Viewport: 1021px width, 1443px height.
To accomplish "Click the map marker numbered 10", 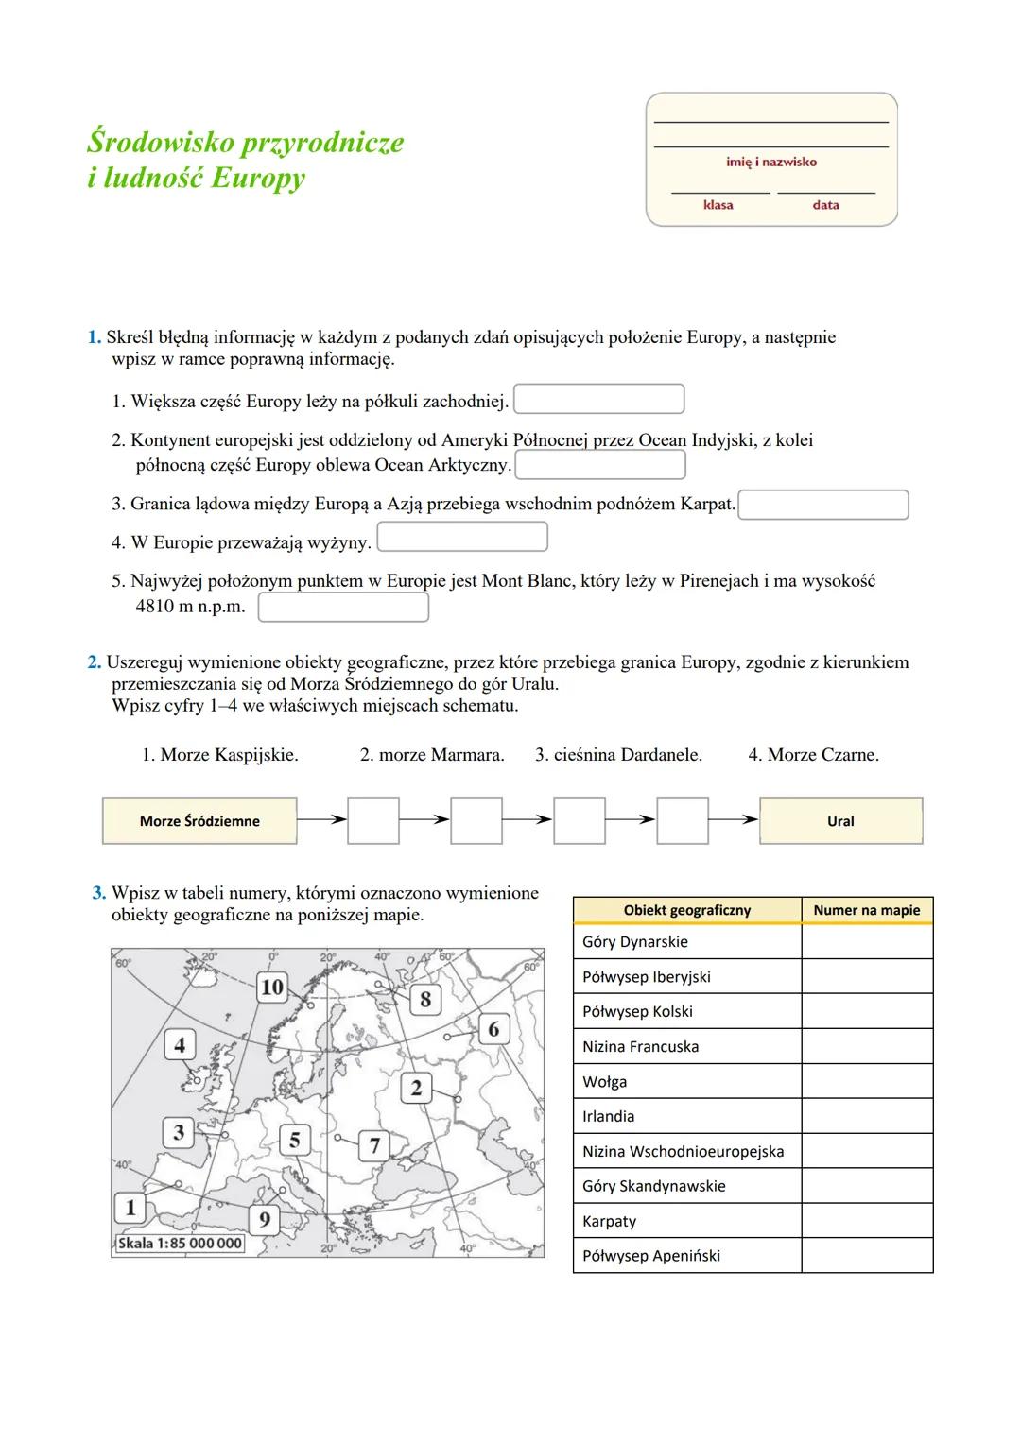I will pyautogui.click(x=271, y=987).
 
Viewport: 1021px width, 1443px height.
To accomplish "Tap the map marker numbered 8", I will pyautogui.click(x=425, y=999).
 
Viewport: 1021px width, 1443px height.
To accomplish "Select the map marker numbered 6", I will pyautogui.click(x=493, y=1029).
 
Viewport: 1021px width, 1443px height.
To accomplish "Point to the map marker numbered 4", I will pyautogui.click(x=180, y=1045).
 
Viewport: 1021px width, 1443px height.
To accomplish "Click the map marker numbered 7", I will pyautogui.click(x=374, y=1145).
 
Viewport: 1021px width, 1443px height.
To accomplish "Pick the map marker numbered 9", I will pyautogui.click(x=265, y=1219).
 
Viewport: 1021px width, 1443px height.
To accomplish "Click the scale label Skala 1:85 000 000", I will pyautogui.click(x=180, y=1244).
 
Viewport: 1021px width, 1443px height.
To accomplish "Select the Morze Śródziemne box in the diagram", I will pyautogui.click(x=199, y=821).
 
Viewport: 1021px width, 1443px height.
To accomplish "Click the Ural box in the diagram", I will pyautogui.click(x=840, y=821).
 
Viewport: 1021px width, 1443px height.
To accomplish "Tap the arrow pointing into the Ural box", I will pyautogui.click(x=734, y=820).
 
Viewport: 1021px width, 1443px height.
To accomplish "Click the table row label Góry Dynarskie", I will pyautogui.click(x=635, y=942).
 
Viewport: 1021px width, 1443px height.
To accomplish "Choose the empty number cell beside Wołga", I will pyautogui.click(x=866, y=1081).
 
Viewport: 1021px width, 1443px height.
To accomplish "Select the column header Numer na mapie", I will pyautogui.click(x=866, y=910).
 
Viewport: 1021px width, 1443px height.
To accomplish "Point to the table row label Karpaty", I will pyautogui.click(x=609, y=1221).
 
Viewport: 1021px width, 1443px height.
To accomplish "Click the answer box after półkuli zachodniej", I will pyautogui.click(x=598, y=399).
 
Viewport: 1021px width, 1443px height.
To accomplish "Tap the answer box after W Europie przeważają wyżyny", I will pyautogui.click(x=462, y=537).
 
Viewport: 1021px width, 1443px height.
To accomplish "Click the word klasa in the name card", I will pyautogui.click(x=718, y=205).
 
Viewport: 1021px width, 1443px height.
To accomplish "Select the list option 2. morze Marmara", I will pyautogui.click(x=432, y=755).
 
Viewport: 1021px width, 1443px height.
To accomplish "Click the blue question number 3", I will pyautogui.click(x=98, y=893).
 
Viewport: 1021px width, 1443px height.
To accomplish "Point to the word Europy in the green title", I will pyautogui.click(x=258, y=178).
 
